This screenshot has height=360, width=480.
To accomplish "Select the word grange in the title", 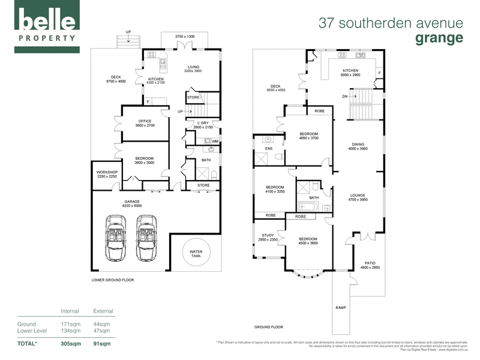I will click(x=439, y=38).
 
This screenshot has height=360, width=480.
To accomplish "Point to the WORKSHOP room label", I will click(x=107, y=174).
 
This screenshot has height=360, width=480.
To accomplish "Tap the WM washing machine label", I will click(x=215, y=141).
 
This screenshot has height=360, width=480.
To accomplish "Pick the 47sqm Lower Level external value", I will click(x=102, y=331).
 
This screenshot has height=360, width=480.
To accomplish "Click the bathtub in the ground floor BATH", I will click(x=310, y=208).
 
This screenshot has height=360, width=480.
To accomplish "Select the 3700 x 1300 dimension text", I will click(x=185, y=37).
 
